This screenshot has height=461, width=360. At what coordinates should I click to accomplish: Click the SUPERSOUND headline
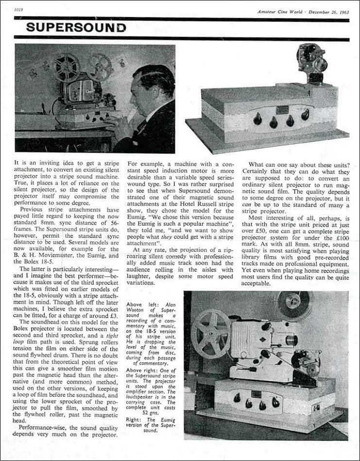[x=76, y=27]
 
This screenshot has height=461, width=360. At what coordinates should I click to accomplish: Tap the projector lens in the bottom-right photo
[x=292, y=340]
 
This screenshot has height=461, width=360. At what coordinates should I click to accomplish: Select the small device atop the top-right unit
[x=312, y=63]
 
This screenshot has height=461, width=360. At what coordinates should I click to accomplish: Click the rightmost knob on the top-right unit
[x=305, y=115]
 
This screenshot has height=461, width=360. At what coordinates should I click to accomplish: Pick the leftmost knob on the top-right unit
[x=258, y=118]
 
